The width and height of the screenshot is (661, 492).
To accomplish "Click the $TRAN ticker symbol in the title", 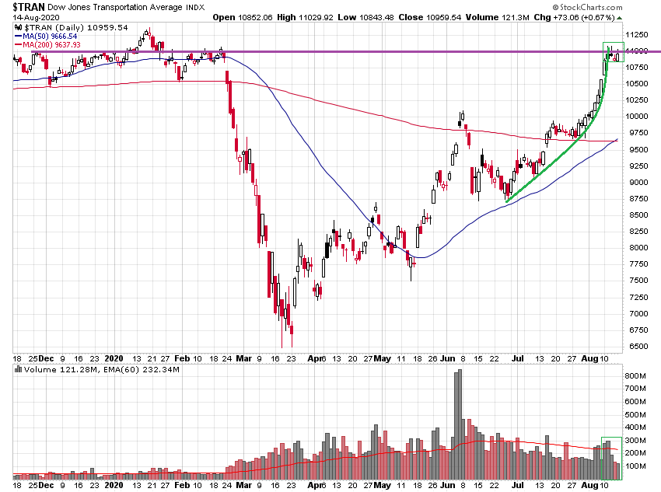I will click(x=27, y=6).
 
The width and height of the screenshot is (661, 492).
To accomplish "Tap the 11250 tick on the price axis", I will click(x=639, y=35).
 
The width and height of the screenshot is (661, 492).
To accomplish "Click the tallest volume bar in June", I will click(x=460, y=424).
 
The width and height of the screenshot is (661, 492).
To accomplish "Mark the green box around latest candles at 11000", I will click(x=614, y=51).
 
